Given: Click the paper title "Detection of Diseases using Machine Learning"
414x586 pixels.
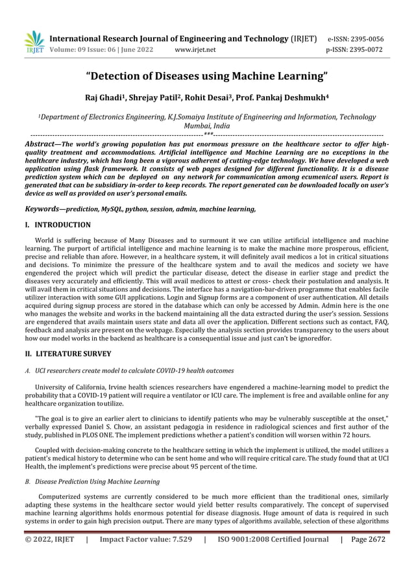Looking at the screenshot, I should (x=207, y=77).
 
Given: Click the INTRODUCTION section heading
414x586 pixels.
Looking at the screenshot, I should (x=58, y=225).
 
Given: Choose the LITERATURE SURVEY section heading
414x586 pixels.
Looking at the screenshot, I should (x=67, y=354).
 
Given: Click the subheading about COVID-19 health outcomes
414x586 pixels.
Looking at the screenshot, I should (x=134, y=371).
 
